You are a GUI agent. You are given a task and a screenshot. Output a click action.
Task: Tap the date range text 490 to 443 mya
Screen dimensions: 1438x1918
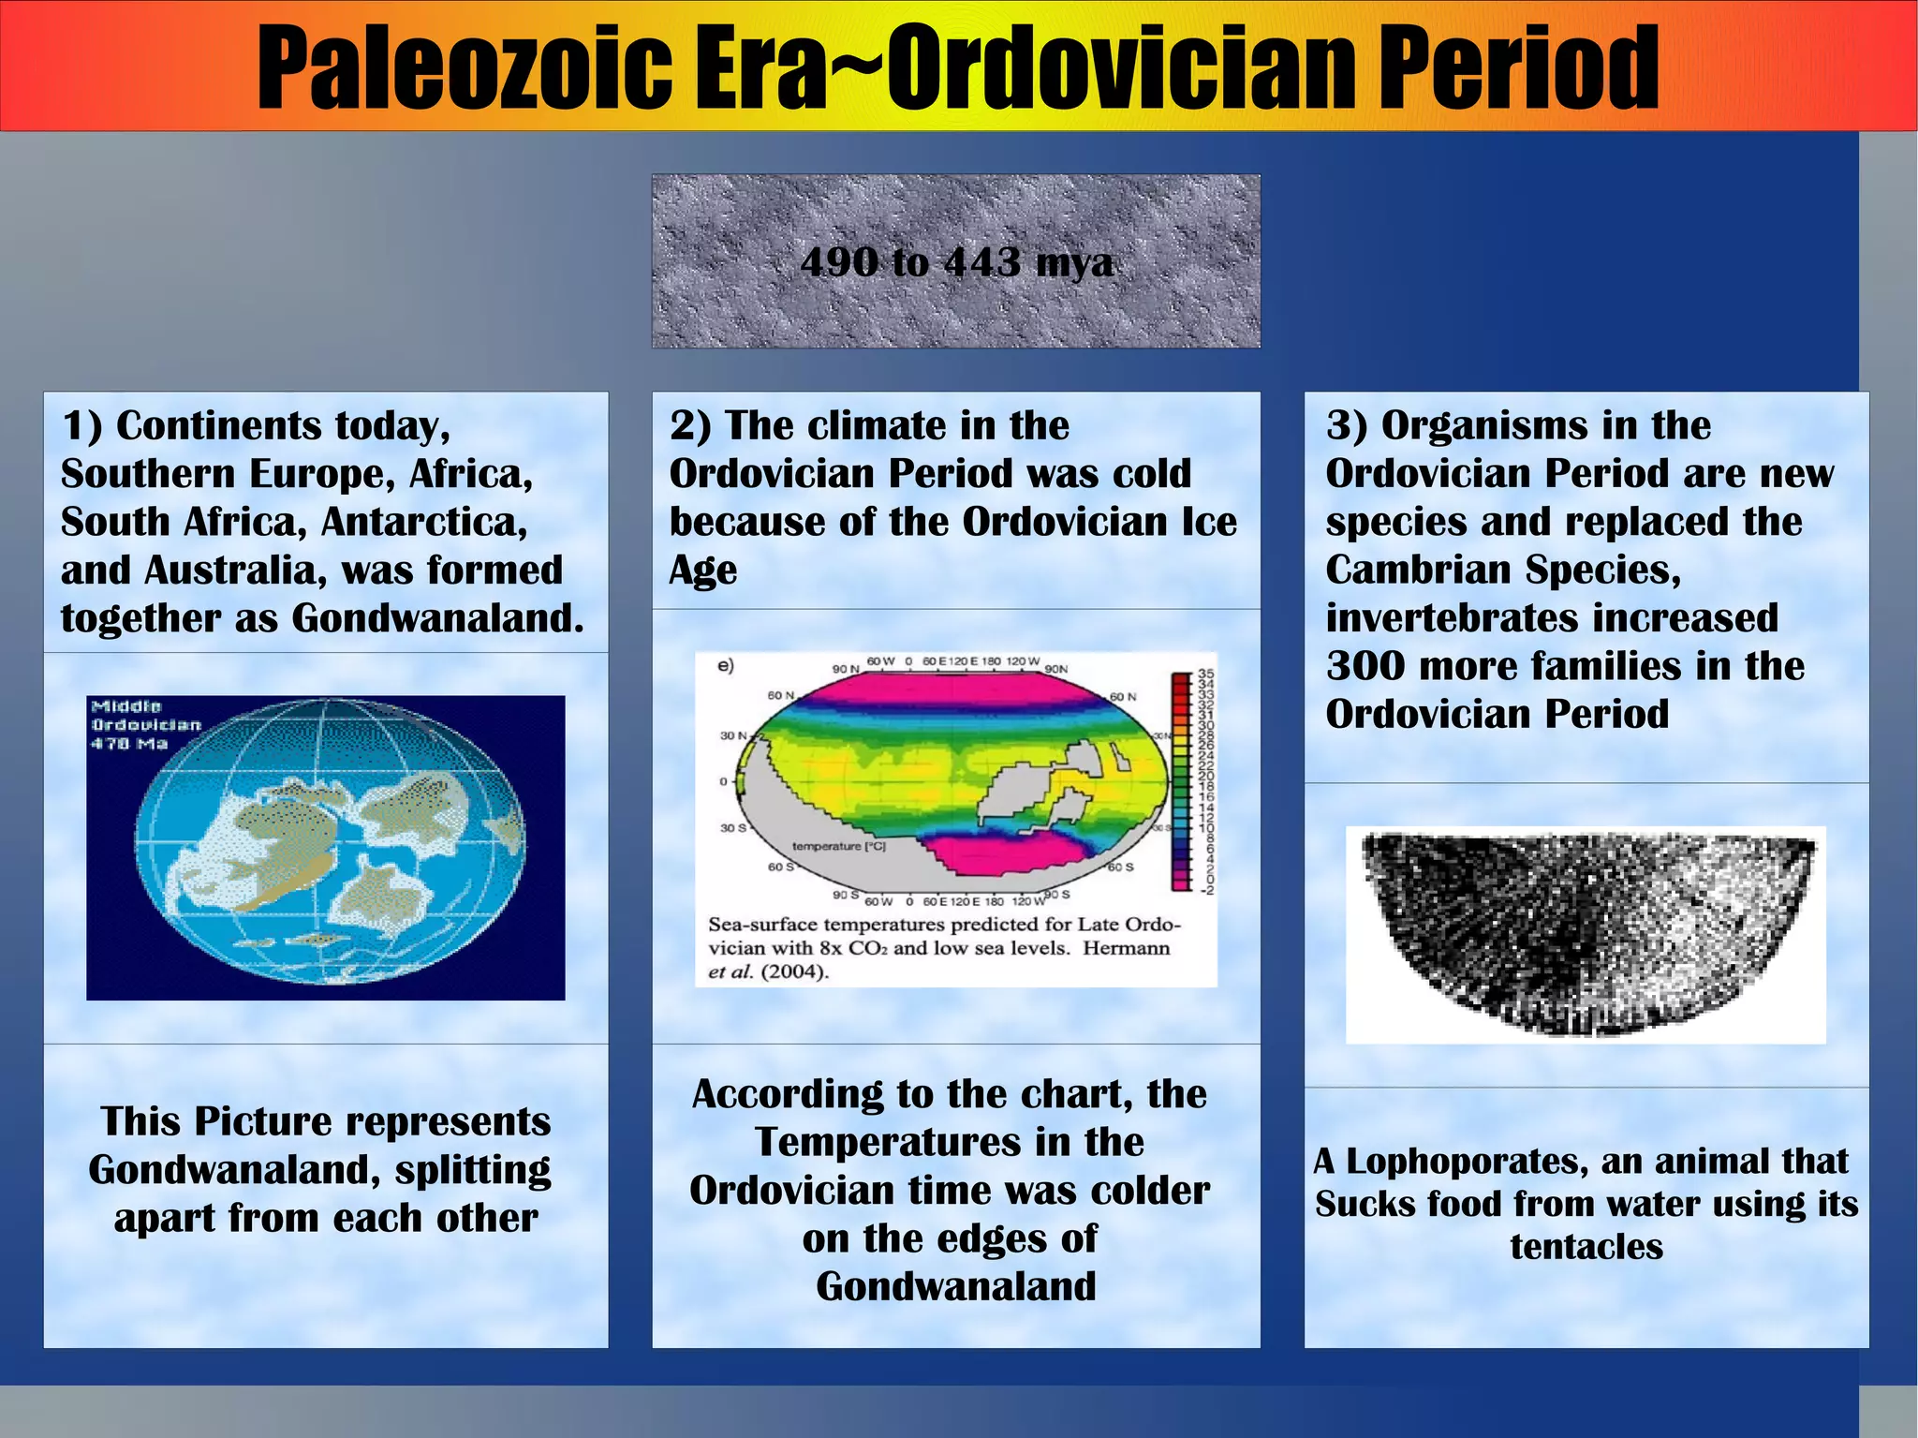tap(956, 262)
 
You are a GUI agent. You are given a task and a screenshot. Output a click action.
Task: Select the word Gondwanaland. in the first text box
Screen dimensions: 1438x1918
tap(437, 618)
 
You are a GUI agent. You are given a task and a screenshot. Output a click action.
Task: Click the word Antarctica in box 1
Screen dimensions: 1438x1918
tap(423, 522)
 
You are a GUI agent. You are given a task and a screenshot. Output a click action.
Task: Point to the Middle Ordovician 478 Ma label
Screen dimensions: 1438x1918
tap(145, 724)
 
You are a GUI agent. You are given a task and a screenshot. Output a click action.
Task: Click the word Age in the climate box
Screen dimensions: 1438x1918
tap(702, 570)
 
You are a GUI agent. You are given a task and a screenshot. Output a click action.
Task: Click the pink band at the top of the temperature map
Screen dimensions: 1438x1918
tap(951, 691)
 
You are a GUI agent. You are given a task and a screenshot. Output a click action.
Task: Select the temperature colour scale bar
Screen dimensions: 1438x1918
tap(1179, 780)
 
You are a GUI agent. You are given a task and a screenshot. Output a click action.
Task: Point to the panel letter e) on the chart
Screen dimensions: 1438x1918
tap(726, 666)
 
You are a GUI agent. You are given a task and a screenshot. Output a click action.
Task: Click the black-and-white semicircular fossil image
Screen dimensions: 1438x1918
tap(1586, 932)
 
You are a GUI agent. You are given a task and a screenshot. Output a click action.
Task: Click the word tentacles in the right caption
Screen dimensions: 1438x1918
tap(1586, 1247)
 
